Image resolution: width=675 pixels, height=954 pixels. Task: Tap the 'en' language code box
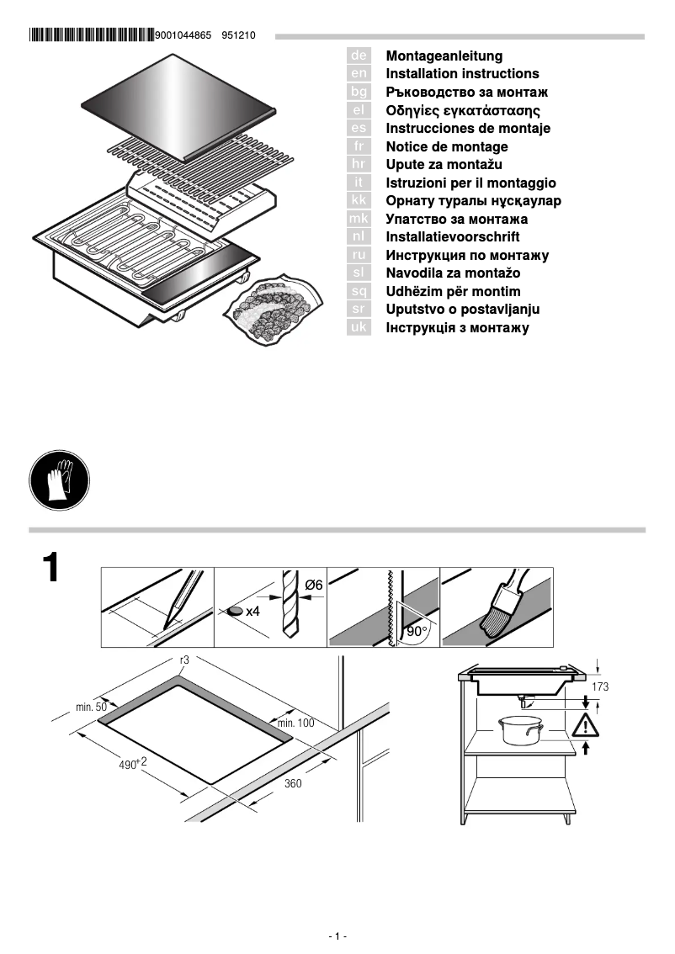pyautogui.click(x=359, y=74)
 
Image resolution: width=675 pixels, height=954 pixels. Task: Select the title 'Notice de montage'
pyautogui.click(x=446, y=146)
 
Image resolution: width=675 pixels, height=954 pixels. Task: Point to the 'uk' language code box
pyautogui.click(x=359, y=328)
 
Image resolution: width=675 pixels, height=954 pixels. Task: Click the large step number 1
pyautogui.click(x=51, y=570)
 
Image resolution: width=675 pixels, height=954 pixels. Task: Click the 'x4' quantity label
pyautogui.click(x=252, y=612)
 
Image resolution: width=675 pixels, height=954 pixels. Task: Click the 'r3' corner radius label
pyautogui.click(x=184, y=661)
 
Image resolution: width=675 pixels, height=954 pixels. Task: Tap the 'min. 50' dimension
pyautogui.click(x=91, y=708)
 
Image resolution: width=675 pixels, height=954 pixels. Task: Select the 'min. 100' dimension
pyautogui.click(x=295, y=723)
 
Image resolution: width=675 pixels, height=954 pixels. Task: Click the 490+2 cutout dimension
pyautogui.click(x=132, y=764)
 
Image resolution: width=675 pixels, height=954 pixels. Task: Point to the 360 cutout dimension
pyautogui.click(x=293, y=783)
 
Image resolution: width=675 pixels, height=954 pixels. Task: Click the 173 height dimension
pyautogui.click(x=600, y=687)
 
